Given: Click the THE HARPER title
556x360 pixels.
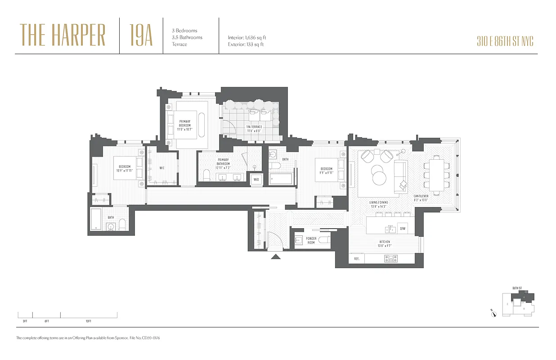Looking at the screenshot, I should coord(63,35).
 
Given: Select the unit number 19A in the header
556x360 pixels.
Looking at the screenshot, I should coord(141,35).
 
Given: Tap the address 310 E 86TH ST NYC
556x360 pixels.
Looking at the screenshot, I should coord(505,42).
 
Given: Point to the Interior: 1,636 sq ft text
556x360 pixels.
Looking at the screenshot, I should coord(250,38).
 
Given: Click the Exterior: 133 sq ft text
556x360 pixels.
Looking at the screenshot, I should coord(246,44).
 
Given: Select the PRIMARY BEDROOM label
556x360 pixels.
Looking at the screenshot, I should coord(184,125).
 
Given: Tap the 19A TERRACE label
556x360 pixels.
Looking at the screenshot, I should coord(254,129).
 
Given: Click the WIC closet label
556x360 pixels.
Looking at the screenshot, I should coord(162,168).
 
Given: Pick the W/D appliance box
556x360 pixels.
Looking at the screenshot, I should coord(256,180).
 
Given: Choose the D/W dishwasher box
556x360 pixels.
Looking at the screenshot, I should coord(403,229).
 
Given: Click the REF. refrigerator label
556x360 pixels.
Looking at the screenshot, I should coord(356,259).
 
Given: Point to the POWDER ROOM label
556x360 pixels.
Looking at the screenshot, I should coord(311,240).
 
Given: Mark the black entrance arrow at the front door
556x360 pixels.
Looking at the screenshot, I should coord(276,256).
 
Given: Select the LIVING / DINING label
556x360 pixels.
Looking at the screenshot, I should coord(378,204).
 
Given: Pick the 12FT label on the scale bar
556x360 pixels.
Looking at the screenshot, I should coord(88,321).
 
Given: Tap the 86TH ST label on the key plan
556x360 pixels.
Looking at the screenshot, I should coord(516,288).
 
